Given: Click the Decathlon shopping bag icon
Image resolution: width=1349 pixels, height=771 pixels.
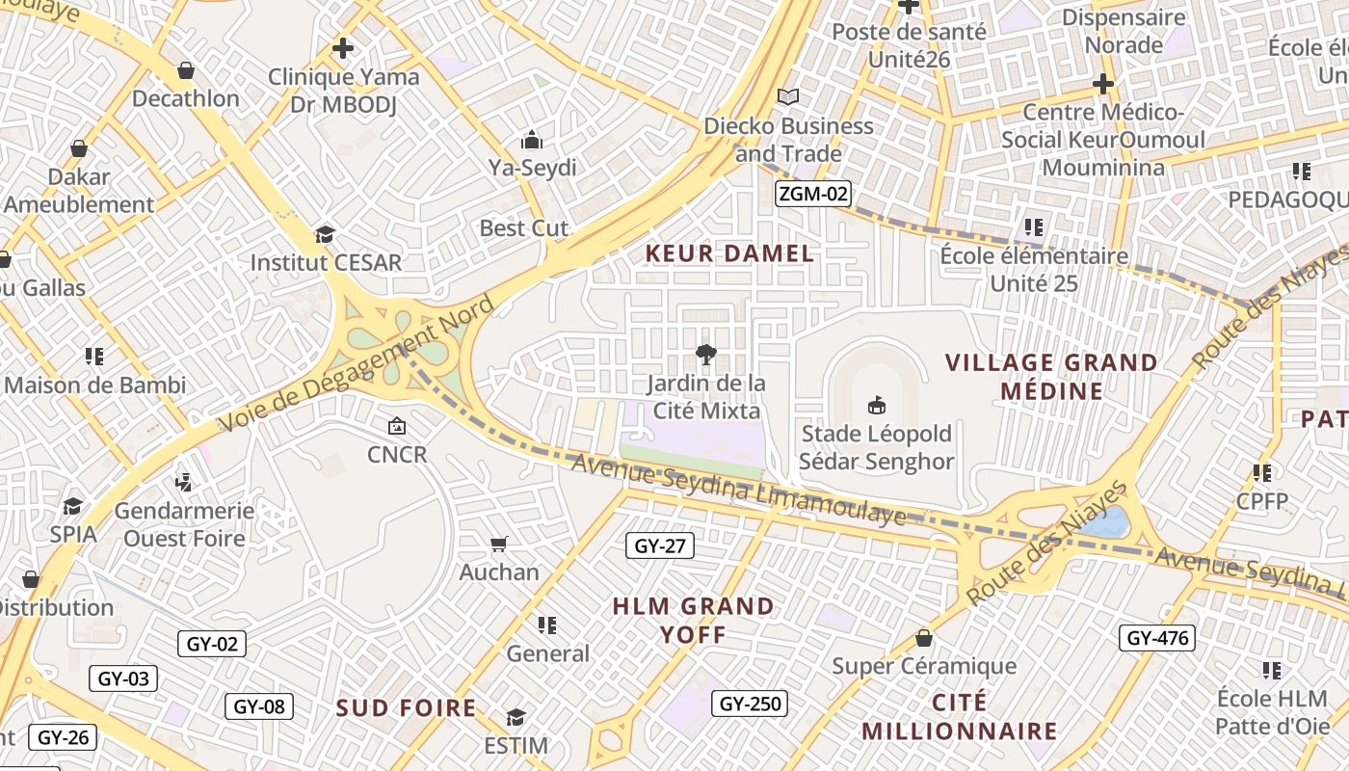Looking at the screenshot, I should tap(186, 70).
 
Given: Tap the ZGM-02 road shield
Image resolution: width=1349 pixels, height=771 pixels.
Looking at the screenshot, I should tap(813, 194).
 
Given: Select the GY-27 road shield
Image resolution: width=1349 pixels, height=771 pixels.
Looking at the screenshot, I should tap(659, 546).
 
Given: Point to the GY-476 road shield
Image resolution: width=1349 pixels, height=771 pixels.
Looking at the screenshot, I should tap(1157, 638).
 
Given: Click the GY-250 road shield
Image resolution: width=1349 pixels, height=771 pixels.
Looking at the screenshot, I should tap(751, 704).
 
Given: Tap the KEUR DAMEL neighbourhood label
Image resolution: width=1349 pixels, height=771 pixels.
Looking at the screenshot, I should tap(729, 254).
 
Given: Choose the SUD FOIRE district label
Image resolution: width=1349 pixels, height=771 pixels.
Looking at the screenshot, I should tap(406, 708).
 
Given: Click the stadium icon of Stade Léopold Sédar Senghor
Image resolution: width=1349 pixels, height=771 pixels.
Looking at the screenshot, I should tap(876, 406).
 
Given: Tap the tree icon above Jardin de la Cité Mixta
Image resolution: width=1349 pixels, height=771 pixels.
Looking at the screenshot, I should tap(706, 355).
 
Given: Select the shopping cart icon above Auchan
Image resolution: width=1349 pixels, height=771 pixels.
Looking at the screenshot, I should tap(498, 545).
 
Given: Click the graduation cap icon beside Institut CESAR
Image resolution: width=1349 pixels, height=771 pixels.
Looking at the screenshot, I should tap(326, 234).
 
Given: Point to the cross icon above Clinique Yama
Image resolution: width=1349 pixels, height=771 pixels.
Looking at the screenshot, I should tap(343, 47).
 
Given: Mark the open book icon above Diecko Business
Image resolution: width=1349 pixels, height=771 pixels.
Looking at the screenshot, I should tap(788, 97).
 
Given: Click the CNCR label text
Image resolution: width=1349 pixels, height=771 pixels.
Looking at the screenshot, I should tap(396, 454).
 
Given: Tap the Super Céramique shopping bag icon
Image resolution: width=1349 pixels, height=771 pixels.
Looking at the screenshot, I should tap(924, 638).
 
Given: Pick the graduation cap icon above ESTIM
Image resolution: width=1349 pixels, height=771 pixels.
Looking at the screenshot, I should tap(516, 717).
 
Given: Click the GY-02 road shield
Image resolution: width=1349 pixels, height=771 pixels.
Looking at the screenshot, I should tap(212, 644).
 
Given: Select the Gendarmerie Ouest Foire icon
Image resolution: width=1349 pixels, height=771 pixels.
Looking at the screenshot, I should tap(183, 482).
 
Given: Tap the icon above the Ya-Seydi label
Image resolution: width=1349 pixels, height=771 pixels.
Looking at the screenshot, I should tap(532, 141).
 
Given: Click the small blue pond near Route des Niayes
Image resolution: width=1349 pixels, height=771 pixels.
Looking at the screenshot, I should tap(1104, 522).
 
